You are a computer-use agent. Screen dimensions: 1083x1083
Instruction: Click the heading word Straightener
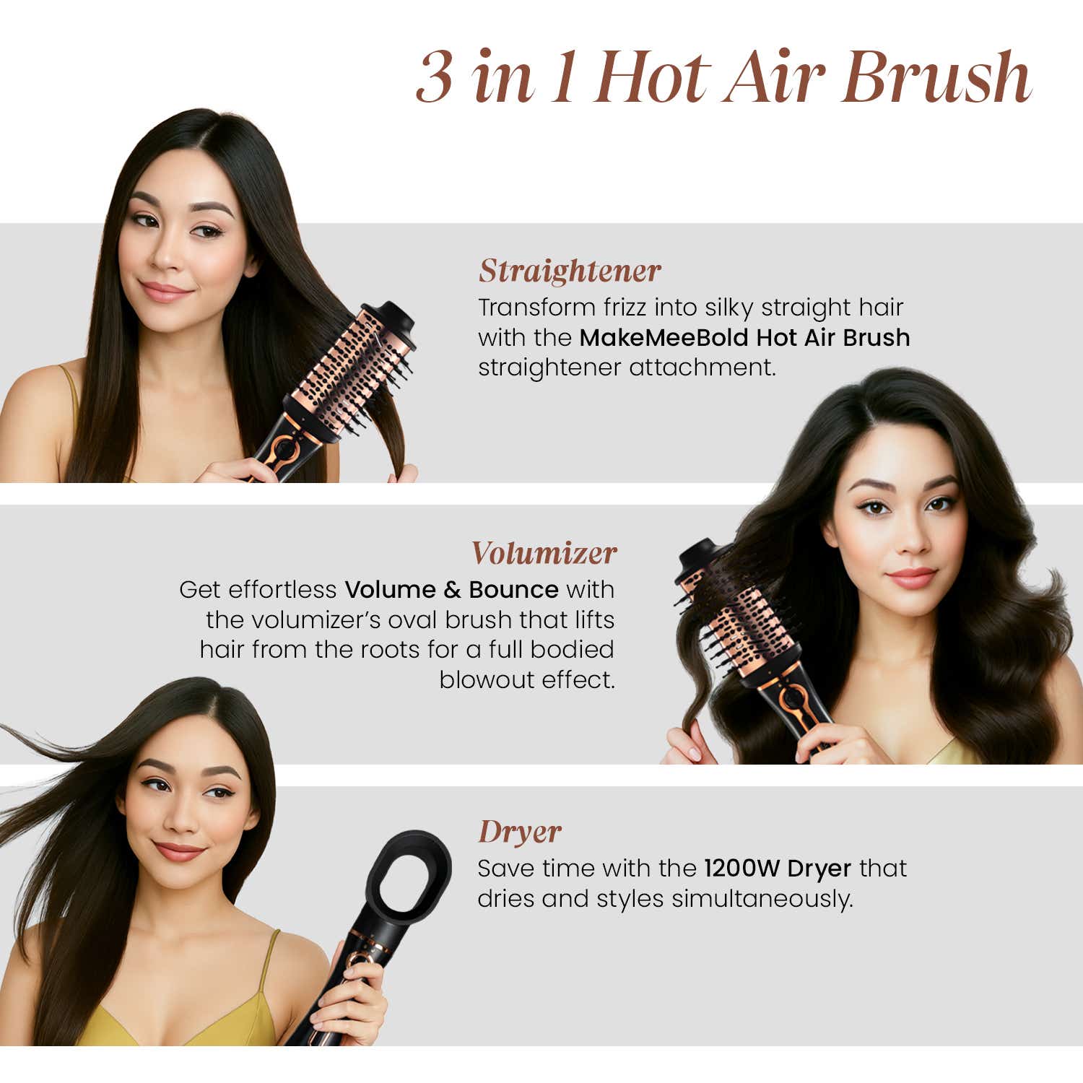pos(569,271)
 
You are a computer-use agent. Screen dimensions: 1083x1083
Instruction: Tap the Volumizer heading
pos(544,554)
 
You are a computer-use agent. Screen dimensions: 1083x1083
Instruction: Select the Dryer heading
pos(519,832)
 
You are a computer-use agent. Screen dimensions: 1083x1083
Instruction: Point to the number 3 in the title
pos(435,78)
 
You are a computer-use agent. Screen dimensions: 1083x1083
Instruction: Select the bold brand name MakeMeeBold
pos(664,338)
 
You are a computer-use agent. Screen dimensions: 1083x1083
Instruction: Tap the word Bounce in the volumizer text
pos(513,590)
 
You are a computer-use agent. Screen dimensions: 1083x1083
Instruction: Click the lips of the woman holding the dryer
pos(179,851)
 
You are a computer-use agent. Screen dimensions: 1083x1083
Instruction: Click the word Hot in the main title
pos(653,78)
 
